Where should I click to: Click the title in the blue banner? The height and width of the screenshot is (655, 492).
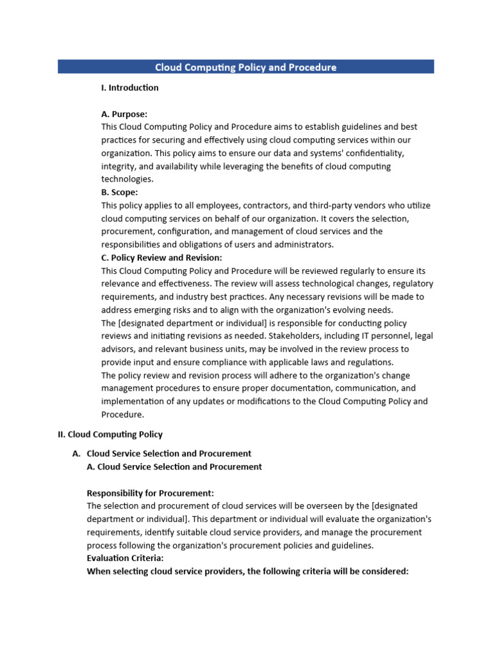pyautogui.click(x=245, y=67)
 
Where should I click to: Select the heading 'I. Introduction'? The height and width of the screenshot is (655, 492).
pyautogui.click(x=129, y=88)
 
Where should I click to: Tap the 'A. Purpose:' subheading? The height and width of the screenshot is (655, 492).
pyautogui.click(x=124, y=114)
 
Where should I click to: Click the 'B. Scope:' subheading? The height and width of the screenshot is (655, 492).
pyautogui.click(x=119, y=192)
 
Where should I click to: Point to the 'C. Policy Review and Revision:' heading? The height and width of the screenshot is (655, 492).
pyautogui.click(x=161, y=258)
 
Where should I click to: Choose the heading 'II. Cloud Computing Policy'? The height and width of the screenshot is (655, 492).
pyautogui.click(x=110, y=434)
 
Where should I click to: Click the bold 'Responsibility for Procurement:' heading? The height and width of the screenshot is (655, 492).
pyautogui.click(x=150, y=493)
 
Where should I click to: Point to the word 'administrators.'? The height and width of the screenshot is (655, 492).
pyautogui.click(x=299, y=244)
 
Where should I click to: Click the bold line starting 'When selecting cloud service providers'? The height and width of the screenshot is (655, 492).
pyautogui.click(x=247, y=571)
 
